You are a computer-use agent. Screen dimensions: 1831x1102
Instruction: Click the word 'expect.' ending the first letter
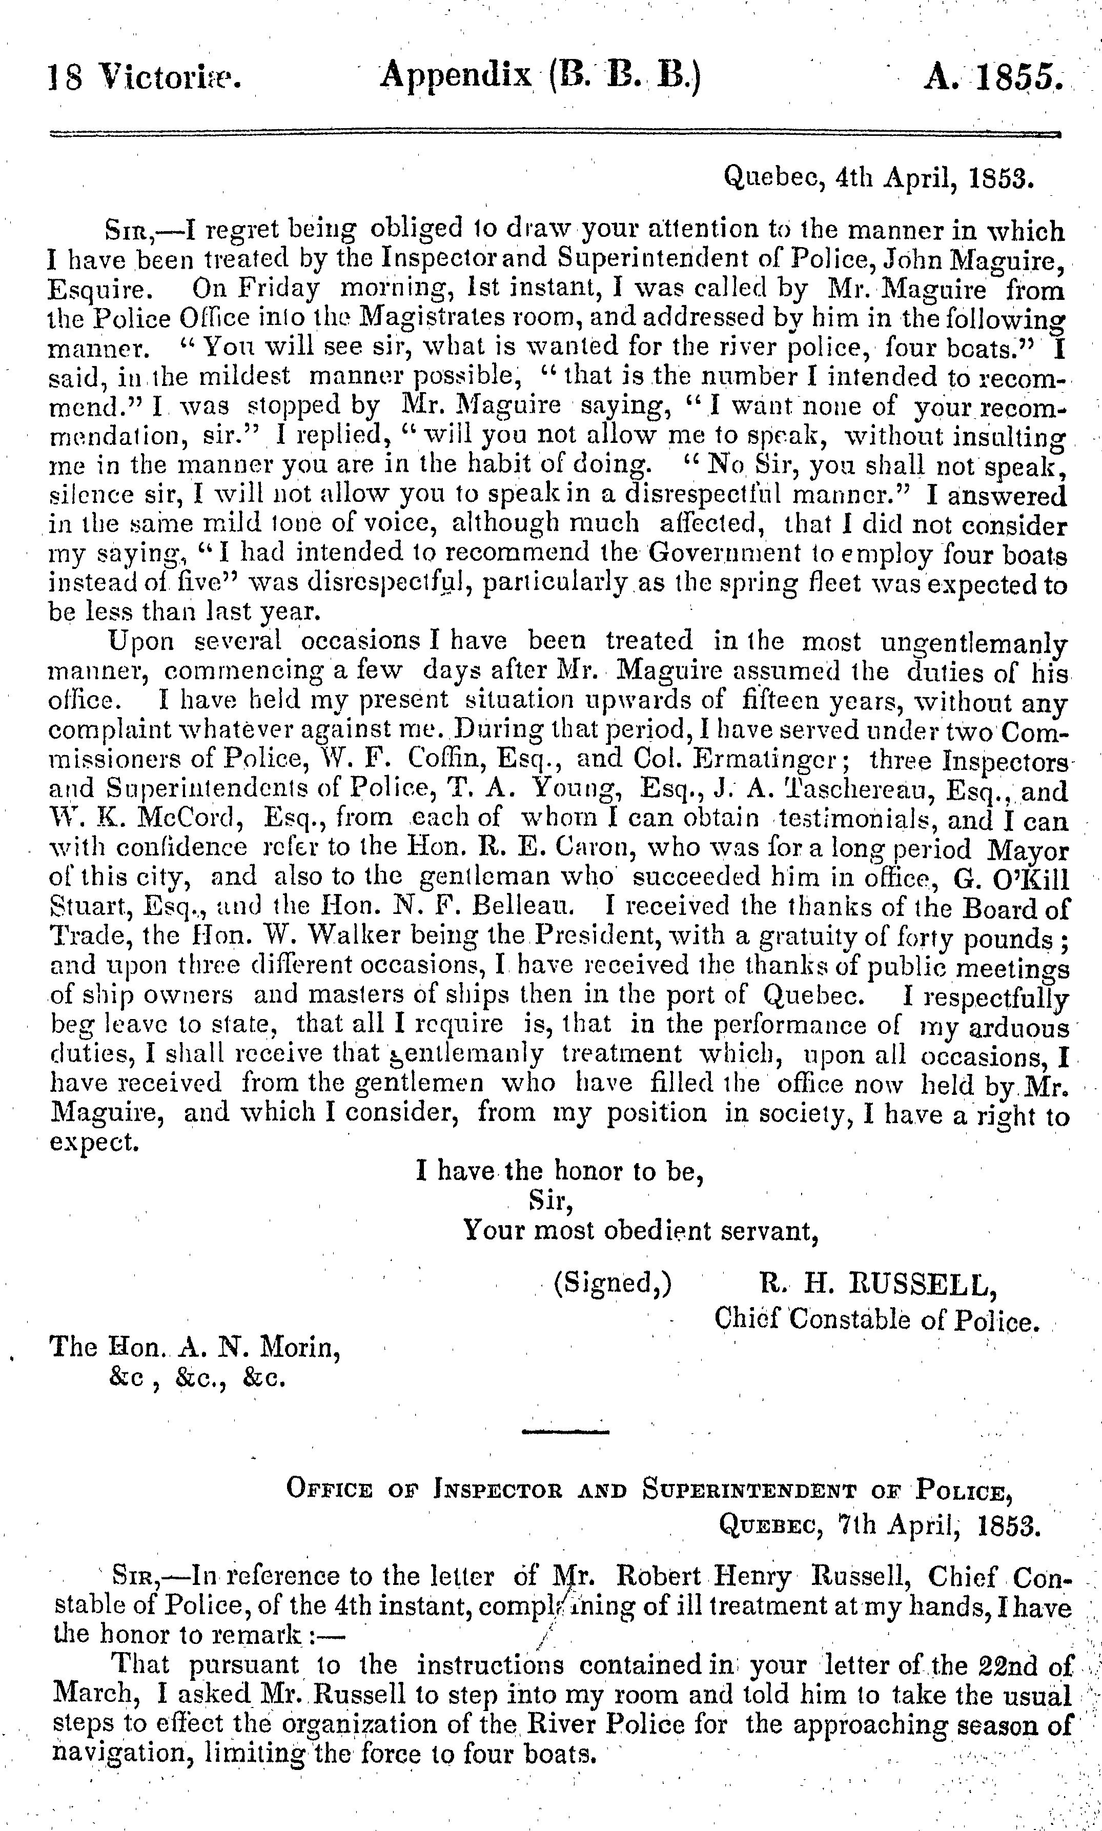tap(94, 1141)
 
